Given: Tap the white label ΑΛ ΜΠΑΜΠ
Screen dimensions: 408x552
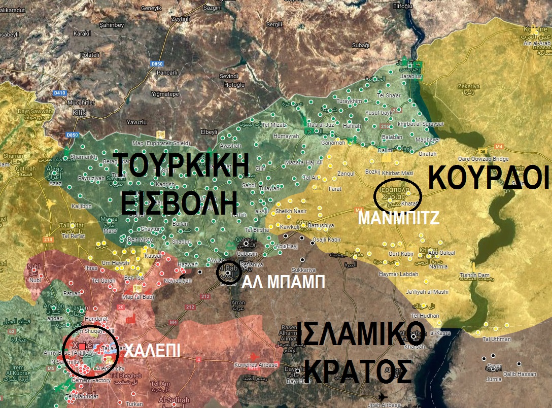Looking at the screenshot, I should [x=283, y=282].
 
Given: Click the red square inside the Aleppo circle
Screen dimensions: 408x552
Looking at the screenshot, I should [x=82, y=346].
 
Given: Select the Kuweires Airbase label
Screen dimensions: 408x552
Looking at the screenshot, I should [x=256, y=365].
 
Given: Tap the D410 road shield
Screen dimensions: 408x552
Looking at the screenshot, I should [x=60, y=92].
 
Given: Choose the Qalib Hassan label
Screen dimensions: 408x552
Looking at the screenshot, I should [x=519, y=374].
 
